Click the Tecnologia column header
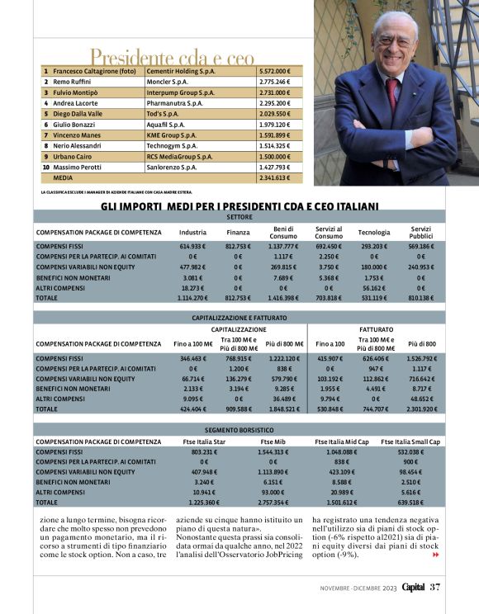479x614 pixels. point(373,232)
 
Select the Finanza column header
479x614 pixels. point(238,232)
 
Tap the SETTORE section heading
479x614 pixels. point(239,216)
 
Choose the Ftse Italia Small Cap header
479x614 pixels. point(410,442)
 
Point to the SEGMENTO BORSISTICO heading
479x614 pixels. point(239,430)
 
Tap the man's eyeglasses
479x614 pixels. point(391,41)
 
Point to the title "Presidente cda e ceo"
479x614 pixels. point(172,57)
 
